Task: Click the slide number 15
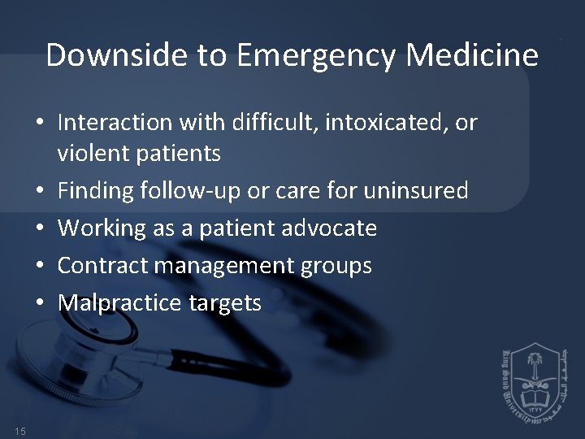19,429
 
